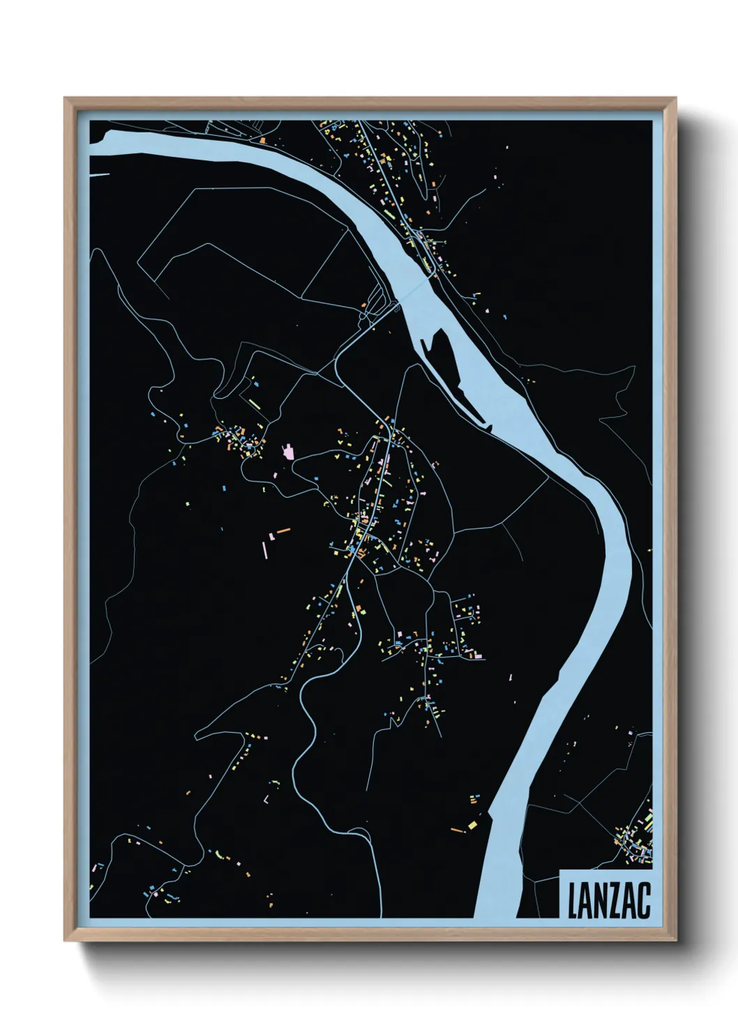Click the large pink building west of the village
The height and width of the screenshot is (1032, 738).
point(286,453)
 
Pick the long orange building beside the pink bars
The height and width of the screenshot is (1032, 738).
point(283,531)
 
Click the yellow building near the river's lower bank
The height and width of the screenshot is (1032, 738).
point(472,826)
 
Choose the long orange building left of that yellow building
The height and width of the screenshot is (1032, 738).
point(458,830)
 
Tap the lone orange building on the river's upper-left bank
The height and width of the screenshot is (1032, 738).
point(262,140)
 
